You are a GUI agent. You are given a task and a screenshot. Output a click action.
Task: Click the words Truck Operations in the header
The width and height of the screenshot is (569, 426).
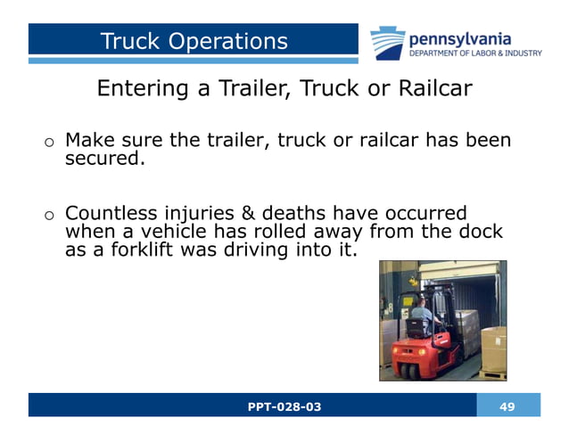(194, 41)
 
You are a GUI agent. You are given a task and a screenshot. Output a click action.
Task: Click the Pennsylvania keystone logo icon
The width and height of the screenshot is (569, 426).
(387, 43)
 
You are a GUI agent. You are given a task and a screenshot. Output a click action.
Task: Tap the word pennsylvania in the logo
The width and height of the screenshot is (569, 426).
(459, 38)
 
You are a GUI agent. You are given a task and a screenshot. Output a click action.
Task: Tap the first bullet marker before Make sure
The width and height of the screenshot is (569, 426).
(50, 143)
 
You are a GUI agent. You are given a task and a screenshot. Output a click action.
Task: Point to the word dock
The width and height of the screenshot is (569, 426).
(482, 232)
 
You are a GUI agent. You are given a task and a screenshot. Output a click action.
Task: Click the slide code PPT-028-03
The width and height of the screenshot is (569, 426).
(284, 406)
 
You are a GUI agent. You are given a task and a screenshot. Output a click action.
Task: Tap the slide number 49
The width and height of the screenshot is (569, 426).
(507, 406)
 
